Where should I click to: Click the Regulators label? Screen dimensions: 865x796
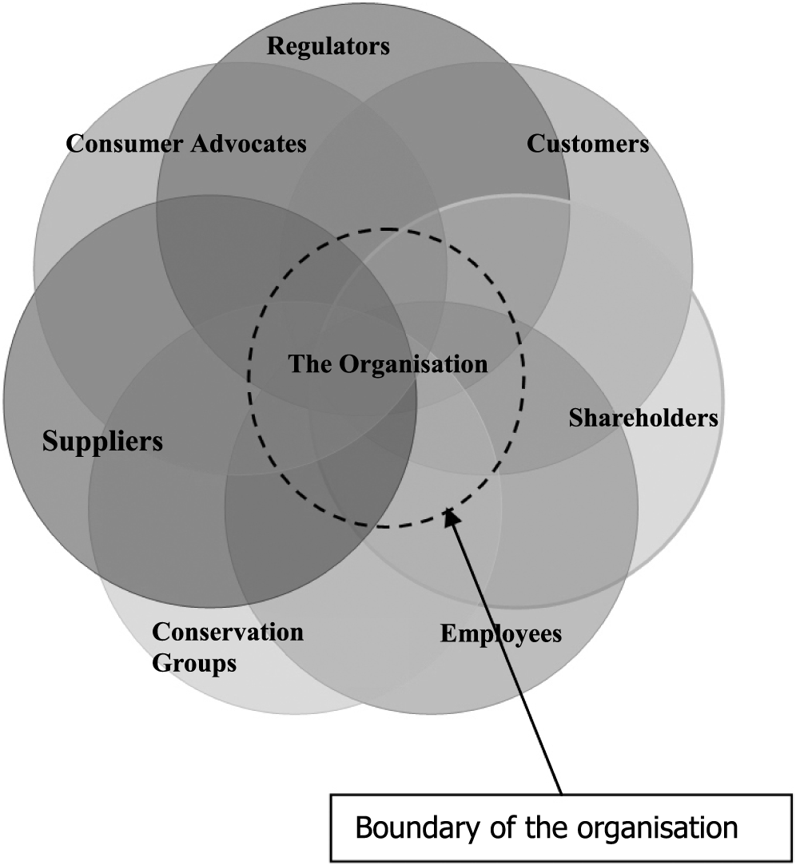click(328, 46)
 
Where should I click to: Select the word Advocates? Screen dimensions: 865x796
click(249, 144)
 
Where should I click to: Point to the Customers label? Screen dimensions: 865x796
click(587, 144)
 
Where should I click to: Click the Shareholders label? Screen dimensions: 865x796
click(643, 418)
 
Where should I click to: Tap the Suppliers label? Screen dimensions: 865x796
click(102, 441)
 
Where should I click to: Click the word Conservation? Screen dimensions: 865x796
click(228, 632)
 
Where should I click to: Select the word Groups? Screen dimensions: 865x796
click(194, 663)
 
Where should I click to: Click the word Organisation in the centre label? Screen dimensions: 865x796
click(412, 364)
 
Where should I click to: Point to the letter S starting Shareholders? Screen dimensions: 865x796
click(575, 418)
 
